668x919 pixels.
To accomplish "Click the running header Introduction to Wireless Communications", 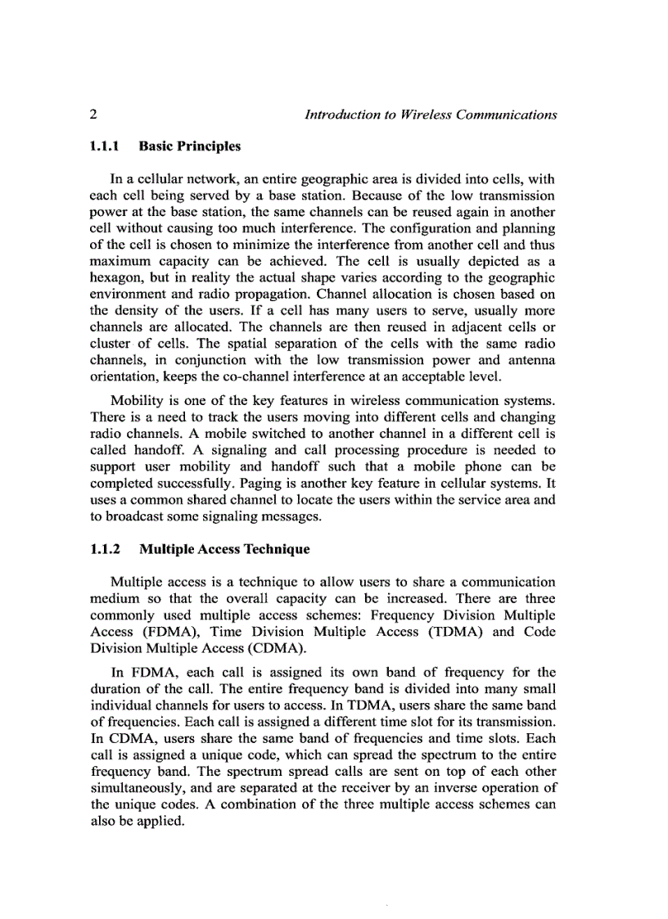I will (x=431, y=115).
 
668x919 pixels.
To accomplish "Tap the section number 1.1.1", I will (x=105, y=146).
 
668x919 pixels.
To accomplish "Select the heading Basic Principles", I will (x=190, y=146).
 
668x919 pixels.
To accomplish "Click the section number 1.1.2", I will (x=105, y=549).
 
